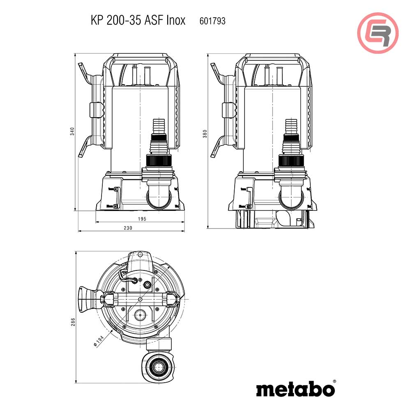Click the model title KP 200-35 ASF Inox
[138, 21]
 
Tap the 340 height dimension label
[72, 132]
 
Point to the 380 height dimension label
[205, 134]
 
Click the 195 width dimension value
[141, 219]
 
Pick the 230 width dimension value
[128, 228]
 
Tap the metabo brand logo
[295, 388]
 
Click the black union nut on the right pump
[291, 161]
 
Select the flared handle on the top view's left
[87, 299]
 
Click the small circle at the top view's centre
[141, 299]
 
